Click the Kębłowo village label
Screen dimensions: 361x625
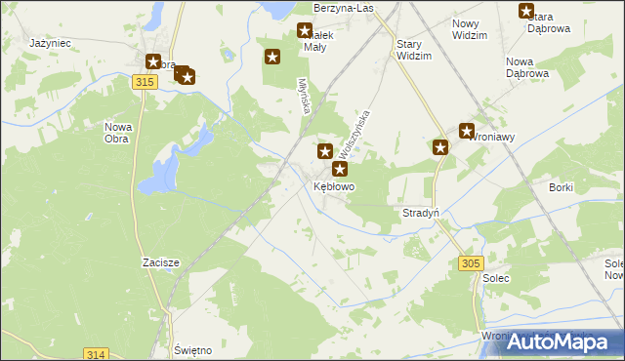(x=334, y=185)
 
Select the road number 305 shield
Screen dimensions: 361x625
(x=471, y=263)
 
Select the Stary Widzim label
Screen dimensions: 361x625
(x=414, y=51)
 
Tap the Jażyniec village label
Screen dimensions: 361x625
(x=47, y=44)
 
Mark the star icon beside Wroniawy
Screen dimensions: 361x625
(x=466, y=130)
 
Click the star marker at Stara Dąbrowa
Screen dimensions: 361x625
(x=526, y=12)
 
